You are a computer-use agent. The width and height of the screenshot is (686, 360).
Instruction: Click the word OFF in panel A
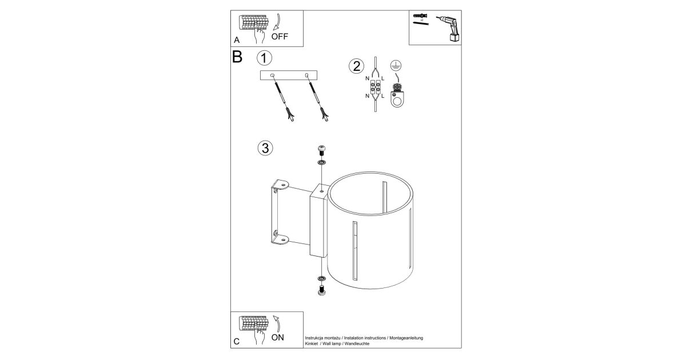[x=280, y=37]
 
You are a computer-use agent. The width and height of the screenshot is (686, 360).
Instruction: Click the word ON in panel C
[x=277, y=337]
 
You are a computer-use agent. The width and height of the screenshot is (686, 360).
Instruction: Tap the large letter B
[x=237, y=57]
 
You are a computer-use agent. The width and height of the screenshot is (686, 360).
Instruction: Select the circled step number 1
[x=264, y=58]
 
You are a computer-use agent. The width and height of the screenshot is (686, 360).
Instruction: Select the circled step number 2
[x=357, y=66]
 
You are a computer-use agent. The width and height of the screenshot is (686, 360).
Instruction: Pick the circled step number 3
[x=265, y=148]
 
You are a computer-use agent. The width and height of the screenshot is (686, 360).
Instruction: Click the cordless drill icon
[x=449, y=29]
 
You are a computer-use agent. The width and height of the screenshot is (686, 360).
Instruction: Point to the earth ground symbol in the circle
[x=396, y=66]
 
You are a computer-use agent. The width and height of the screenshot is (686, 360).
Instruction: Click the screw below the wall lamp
[x=321, y=290]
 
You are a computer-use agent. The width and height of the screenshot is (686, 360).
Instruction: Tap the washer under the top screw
[x=321, y=162]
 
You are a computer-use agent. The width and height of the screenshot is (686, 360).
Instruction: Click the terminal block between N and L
[x=376, y=87]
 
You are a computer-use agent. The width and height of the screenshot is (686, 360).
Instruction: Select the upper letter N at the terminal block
[x=367, y=78]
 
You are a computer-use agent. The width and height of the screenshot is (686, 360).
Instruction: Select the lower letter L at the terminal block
[x=383, y=96]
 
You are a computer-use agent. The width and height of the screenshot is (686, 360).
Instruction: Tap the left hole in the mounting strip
[x=272, y=75]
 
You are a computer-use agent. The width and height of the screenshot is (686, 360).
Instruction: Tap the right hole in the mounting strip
[x=306, y=75]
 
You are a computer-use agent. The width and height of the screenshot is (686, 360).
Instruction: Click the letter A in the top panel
[x=237, y=40]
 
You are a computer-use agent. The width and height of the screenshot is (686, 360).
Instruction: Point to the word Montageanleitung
[x=406, y=338]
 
